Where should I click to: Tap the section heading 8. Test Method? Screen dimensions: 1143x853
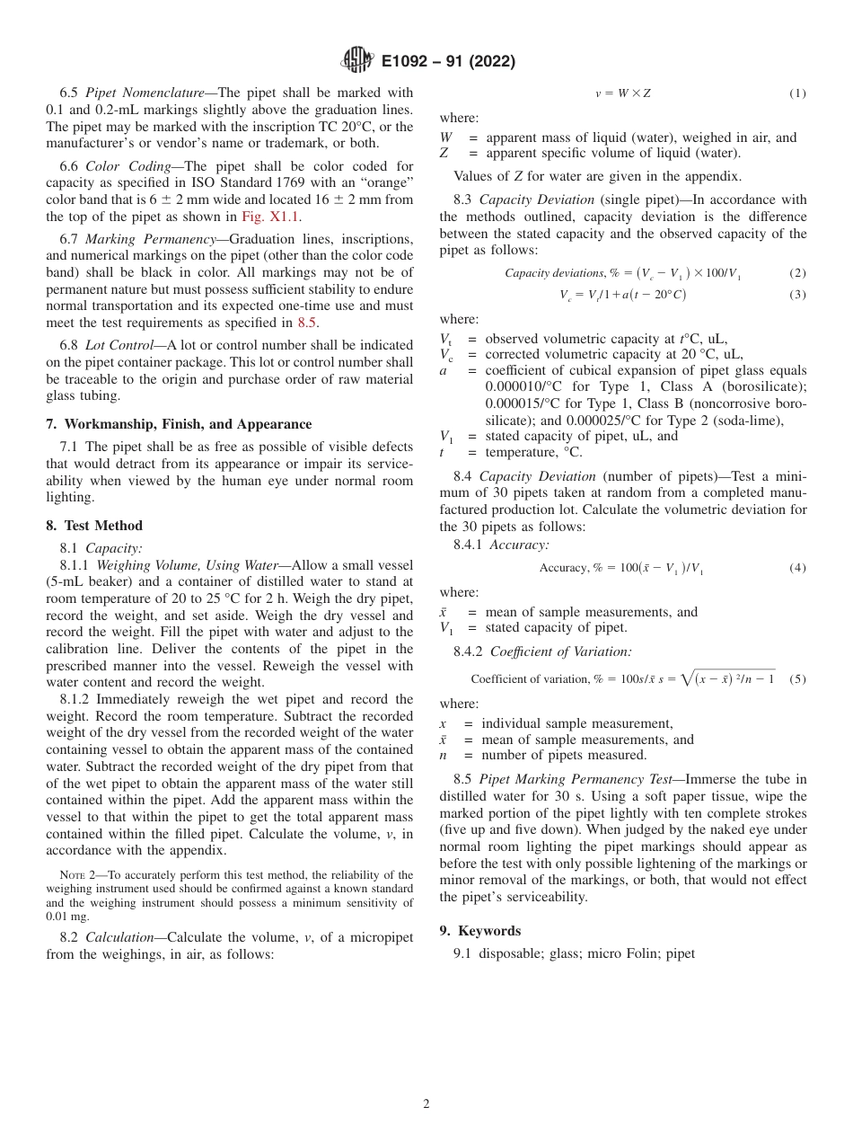pyautogui.click(x=94, y=526)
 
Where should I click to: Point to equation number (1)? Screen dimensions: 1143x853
pyautogui.click(x=796, y=93)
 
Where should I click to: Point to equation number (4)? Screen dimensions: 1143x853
pyautogui.click(x=796, y=568)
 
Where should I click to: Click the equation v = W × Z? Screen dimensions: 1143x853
pyautogui.click(x=622, y=93)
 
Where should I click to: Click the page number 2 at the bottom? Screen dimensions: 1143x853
pyautogui.click(x=426, y=1104)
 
